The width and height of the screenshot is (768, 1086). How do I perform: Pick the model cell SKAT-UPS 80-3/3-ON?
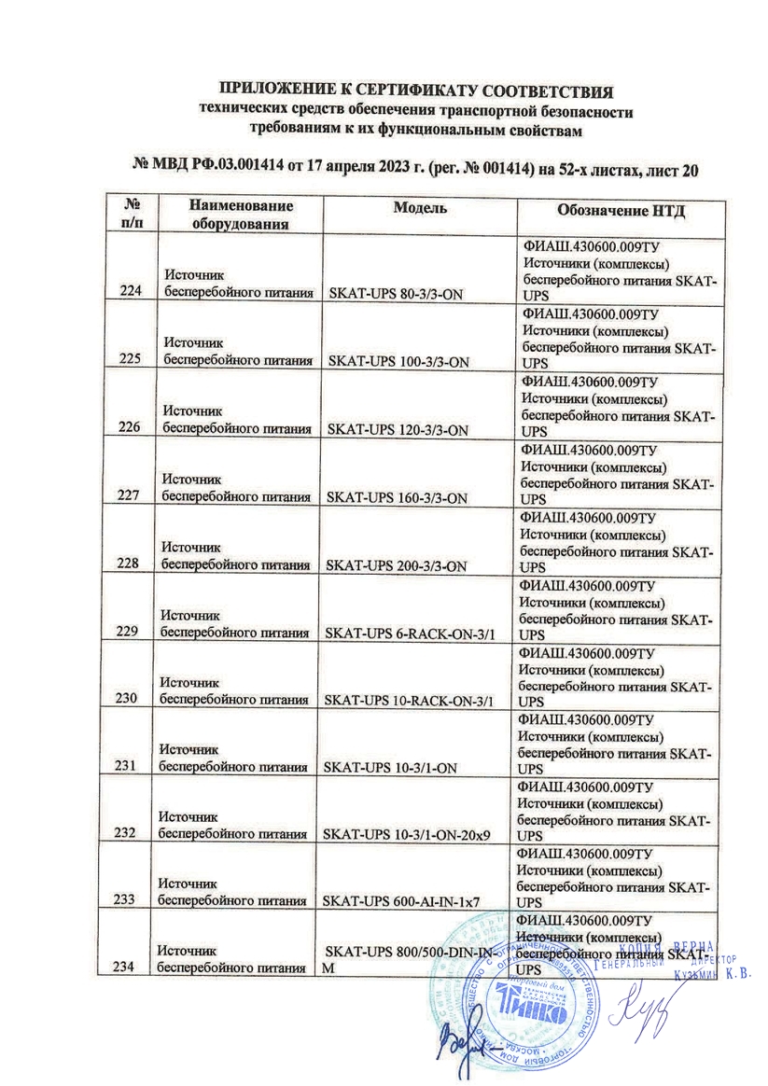398,292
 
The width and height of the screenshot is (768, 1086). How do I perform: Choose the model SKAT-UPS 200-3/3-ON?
400,565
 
